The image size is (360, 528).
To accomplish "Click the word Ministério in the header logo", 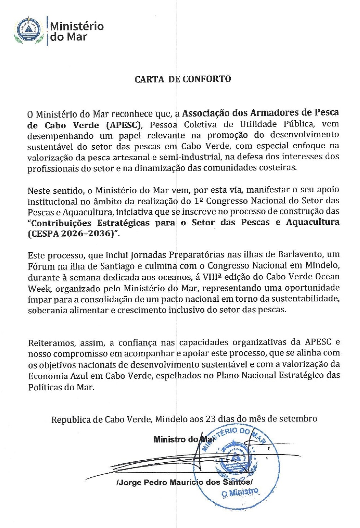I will (x=77, y=26).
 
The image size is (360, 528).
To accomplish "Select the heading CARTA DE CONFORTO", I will (x=183, y=79).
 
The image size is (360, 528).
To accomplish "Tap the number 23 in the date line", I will (x=211, y=419).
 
